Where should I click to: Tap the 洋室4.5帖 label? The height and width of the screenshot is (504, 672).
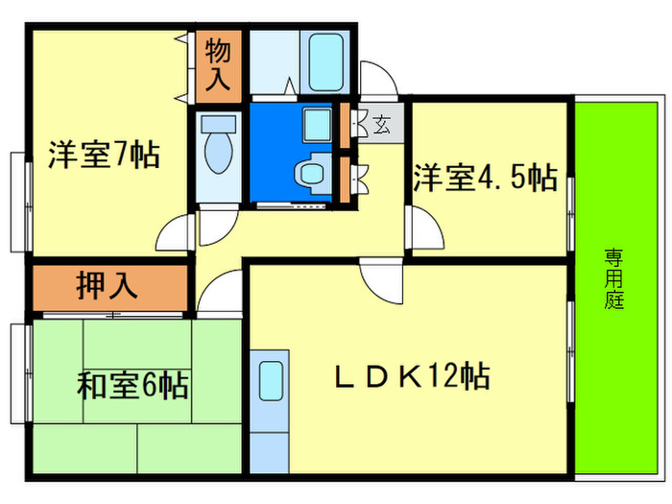click(x=485, y=178)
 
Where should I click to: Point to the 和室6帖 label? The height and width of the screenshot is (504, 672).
click(x=132, y=387)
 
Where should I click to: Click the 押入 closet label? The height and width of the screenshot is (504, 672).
click(x=107, y=286)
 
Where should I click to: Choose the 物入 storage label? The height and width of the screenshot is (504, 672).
click(x=220, y=64)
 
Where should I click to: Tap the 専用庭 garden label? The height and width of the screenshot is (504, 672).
click(x=613, y=278)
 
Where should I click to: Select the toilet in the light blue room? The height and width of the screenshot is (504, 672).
click(x=220, y=149)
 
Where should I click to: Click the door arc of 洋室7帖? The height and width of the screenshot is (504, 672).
click(x=176, y=233)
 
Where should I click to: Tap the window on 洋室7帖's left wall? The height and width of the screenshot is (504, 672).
click(x=20, y=201)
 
